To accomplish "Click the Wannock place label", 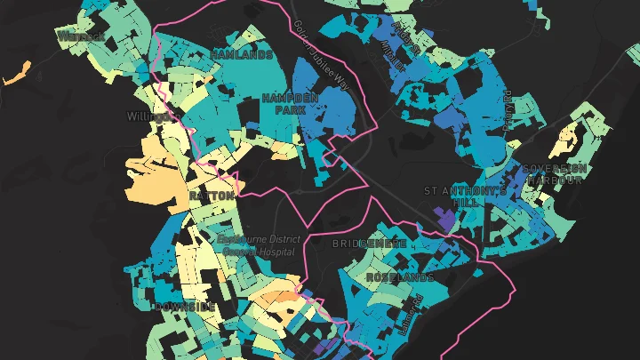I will tap(82, 36).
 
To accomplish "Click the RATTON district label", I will tap(212, 195).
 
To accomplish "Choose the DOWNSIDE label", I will tap(184, 307).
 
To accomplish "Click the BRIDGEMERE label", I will tap(370, 243).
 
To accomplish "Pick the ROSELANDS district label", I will tap(400, 277).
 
